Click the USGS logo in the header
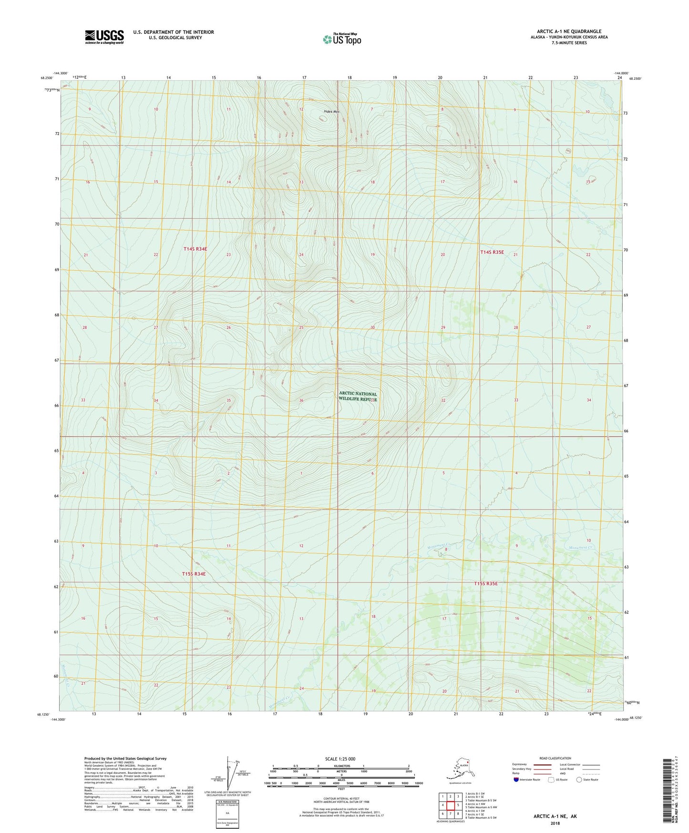click(104, 37)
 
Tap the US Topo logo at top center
click(341, 39)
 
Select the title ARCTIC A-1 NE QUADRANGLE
click(569, 31)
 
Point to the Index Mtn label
click(331, 112)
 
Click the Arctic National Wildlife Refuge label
click(358, 396)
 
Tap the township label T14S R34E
click(195, 249)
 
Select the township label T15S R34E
click(194, 574)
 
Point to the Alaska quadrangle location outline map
click(460, 768)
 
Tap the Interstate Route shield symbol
click(516, 780)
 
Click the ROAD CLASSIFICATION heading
click(555, 758)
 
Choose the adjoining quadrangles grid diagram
click(450, 805)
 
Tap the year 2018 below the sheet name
click(555, 823)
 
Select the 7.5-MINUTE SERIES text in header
click(569, 43)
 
